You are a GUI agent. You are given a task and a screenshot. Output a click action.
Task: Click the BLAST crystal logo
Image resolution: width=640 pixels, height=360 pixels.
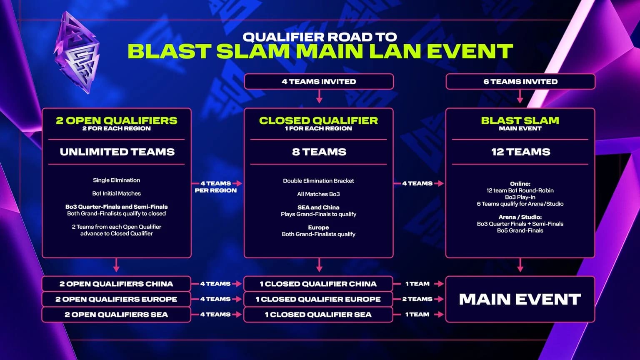coord(77,52)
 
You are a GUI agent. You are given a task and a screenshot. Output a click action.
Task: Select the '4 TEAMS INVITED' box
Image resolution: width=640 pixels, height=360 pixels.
coord(319,82)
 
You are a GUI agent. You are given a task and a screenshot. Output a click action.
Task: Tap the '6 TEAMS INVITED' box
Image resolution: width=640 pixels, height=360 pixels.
coord(520,82)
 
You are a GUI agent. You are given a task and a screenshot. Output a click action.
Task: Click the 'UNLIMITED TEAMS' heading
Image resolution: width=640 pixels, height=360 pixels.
coord(117,152)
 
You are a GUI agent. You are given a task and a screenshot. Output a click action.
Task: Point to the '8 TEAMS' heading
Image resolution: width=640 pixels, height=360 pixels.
coord(319,152)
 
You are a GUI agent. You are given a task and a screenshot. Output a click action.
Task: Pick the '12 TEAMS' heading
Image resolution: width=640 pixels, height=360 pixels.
coord(520,152)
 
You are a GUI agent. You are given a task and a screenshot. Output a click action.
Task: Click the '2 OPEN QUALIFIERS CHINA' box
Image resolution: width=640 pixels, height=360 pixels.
coord(116,284)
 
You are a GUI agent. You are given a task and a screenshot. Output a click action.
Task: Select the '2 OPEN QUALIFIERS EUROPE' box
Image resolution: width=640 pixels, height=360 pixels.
coord(116,299)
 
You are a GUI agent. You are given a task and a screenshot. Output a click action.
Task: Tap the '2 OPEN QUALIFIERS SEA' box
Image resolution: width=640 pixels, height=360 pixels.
coord(116,315)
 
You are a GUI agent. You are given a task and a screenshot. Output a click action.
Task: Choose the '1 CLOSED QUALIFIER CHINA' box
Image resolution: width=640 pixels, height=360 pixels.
coord(318,284)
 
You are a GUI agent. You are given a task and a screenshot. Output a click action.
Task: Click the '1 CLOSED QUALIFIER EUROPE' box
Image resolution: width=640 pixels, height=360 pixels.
coord(318,299)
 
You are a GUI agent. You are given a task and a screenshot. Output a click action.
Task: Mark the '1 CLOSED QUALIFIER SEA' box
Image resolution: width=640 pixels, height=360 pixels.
coord(318,315)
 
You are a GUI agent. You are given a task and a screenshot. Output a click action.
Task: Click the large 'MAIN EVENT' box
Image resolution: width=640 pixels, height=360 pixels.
coord(520,299)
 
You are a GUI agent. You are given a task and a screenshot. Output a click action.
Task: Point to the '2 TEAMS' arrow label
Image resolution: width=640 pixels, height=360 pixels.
coord(417,299)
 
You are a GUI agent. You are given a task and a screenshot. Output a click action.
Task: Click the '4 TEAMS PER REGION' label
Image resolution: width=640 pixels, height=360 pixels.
coord(215,187)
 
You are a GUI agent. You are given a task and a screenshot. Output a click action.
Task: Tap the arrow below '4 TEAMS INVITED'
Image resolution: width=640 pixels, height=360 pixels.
coord(319,97)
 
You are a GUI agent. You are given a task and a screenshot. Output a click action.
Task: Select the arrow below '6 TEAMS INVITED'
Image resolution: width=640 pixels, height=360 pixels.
coord(520,97)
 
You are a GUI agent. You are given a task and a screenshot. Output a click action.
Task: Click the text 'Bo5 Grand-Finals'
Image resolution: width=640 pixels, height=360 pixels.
coord(520,230)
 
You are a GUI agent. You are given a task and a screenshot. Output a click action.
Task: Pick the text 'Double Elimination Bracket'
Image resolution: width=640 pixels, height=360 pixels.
coord(318,181)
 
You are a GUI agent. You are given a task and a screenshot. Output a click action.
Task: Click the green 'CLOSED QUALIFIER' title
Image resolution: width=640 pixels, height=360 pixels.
coord(318,120)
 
